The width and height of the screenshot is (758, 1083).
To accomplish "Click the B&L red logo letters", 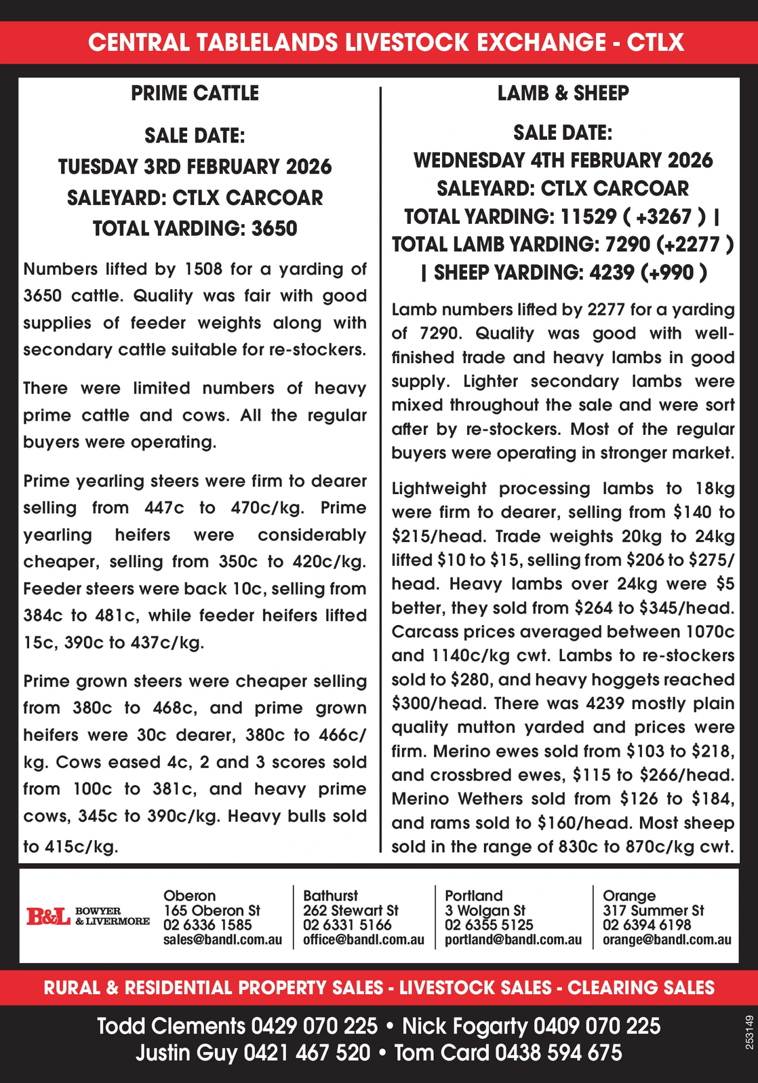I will (48, 917).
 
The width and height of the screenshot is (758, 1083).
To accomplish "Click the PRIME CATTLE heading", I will (195, 93).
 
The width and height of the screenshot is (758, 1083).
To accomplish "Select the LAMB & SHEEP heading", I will (563, 93).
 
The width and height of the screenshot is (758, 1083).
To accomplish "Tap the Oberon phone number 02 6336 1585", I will (207, 925).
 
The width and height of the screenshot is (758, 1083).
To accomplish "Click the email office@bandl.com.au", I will (363, 940).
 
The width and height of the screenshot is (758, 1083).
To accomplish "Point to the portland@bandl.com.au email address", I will (513, 940).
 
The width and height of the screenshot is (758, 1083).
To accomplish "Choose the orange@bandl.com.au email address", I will (666, 940).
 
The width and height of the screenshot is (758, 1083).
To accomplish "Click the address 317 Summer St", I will (653, 911).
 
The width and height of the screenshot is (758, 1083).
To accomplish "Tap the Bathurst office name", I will (330, 896).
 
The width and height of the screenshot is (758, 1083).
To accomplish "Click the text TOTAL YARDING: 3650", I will (195, 228).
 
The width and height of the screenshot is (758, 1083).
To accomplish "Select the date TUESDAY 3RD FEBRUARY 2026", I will (195, 166).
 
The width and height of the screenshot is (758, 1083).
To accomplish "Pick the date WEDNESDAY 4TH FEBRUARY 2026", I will (563, 160).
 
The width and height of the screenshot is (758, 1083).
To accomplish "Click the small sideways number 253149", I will (749, 1032).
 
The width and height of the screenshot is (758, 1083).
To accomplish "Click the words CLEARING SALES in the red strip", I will (641, 987).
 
